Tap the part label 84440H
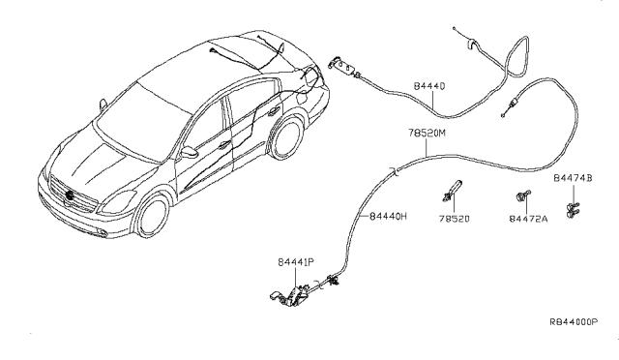click(389, 217)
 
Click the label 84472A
click(528, 220)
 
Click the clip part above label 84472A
click(524, 197)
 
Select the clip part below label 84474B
click(574, 205)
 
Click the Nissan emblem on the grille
click(71, 196)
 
